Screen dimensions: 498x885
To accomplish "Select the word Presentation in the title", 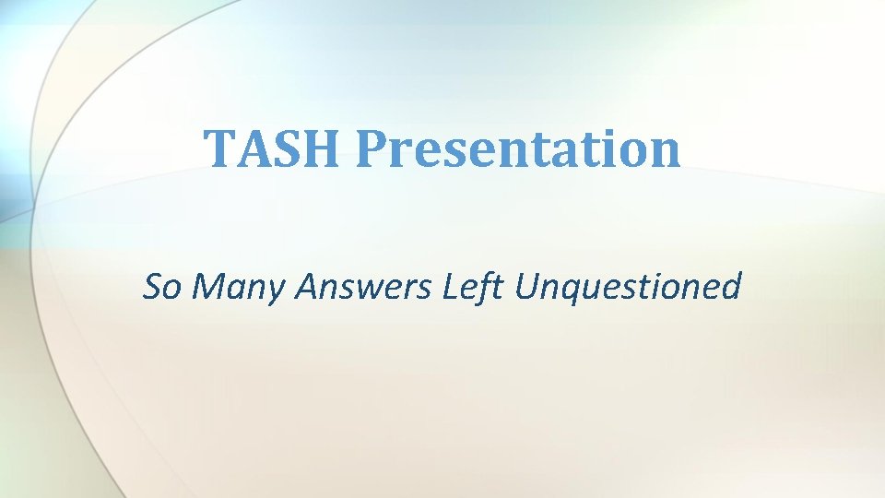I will coord(519,148).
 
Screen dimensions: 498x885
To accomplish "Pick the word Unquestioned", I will coord(628,289).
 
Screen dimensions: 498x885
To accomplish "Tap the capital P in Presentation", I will coord(373,148).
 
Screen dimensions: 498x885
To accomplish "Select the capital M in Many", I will coord(215,287).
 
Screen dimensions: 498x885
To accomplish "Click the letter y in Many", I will coord(277,292).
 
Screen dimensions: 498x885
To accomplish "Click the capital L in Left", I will coord(452,287).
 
